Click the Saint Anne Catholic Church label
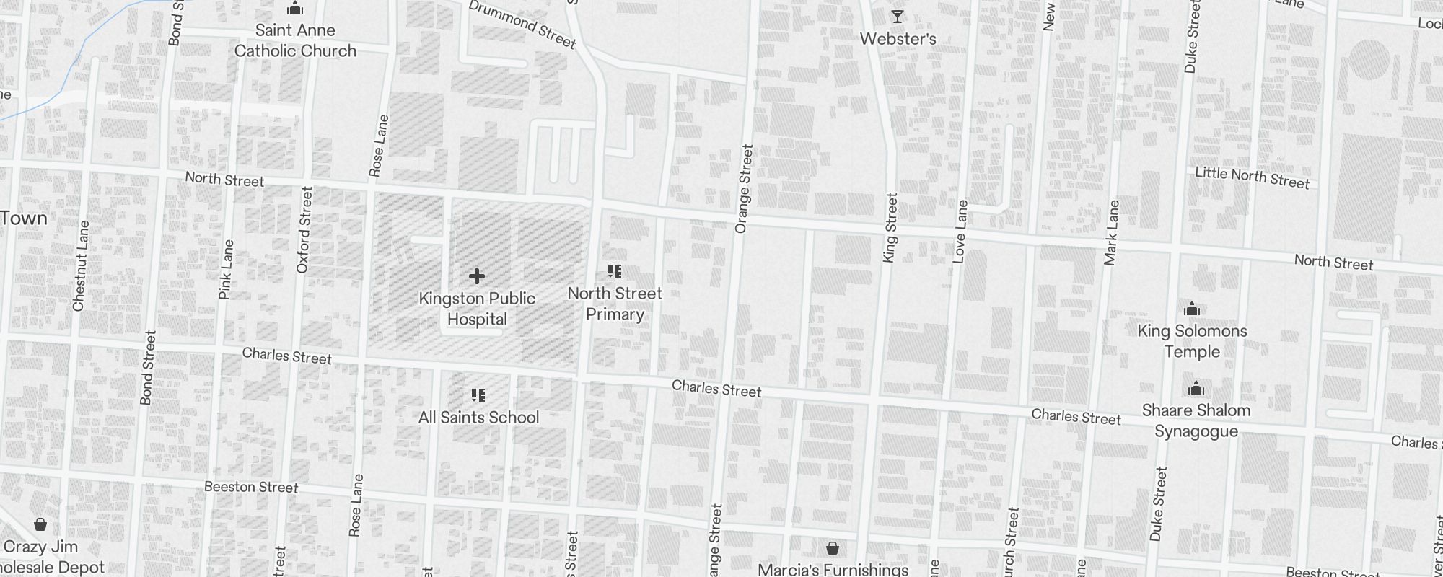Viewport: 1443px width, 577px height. coord(295,40)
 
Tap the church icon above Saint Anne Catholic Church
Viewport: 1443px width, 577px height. coord(294,9)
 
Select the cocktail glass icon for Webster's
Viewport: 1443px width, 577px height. coord(898,16)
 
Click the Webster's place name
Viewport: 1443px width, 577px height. coord(898,39)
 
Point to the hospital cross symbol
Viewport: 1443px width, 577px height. coord(476,276)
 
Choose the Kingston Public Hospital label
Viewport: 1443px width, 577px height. coord(477,309)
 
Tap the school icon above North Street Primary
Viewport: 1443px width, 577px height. coord(615,271)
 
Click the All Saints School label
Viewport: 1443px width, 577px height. coord(478,418)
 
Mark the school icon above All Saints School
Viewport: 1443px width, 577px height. coord(478,395)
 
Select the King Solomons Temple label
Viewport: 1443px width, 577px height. coord(1192,341)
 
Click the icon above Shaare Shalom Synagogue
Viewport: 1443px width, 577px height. coord(1196,389)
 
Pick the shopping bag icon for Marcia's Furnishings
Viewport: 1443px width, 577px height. coord(833,548)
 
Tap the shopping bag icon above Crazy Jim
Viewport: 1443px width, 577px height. coord(40,524)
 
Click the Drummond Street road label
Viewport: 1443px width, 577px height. coord(522,25)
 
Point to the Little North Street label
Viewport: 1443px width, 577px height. coord(1252,177)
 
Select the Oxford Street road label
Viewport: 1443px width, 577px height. coord(304,230)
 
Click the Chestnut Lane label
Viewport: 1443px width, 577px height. coord(81,266)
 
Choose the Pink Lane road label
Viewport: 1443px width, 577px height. coord(227,270)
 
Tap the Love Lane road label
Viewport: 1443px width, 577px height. coord(960,232)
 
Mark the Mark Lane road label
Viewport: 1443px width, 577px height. coord(1112,232)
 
